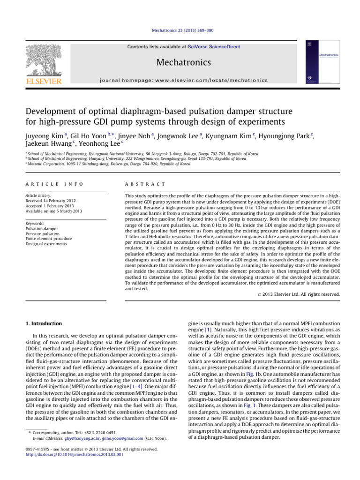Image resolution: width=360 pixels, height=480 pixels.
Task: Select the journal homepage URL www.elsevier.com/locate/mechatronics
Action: click(215, 80)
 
